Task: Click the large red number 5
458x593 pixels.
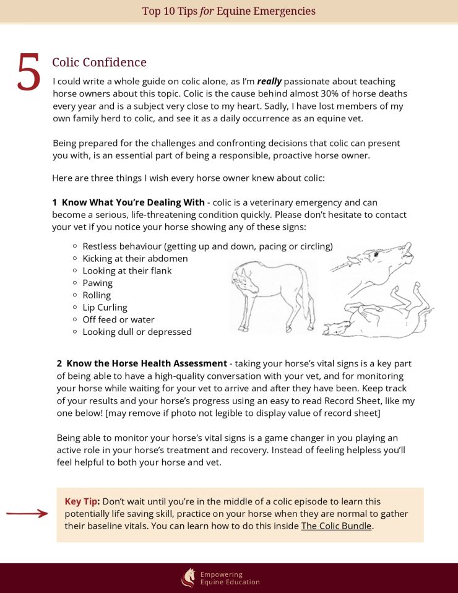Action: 28,73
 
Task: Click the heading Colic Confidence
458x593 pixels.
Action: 99,63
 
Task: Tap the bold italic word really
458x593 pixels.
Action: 269,81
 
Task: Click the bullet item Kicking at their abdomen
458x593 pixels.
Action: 135,258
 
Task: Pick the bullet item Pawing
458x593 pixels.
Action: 98,283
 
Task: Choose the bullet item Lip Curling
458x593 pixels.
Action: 105,307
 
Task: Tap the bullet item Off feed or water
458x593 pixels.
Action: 118,319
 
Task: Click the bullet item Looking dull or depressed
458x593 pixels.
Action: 137,332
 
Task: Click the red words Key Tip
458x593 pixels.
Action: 82,501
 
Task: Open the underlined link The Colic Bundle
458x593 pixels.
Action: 337,526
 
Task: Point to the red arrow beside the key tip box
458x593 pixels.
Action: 27,513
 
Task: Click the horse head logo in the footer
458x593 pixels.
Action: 188,578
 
